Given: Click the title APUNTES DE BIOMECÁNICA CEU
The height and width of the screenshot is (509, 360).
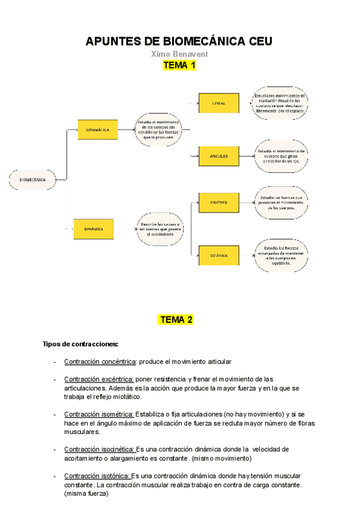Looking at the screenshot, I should point(179,41).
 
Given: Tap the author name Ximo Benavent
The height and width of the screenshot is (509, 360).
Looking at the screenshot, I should point(179,54).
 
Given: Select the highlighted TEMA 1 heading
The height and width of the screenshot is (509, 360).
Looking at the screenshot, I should point(179,65).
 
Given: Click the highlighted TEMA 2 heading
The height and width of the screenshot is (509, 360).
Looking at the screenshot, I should point(175,320).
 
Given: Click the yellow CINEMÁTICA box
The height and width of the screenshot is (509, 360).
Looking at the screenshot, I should point(97,130).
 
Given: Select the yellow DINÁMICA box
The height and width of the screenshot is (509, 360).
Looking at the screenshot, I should point(94,229).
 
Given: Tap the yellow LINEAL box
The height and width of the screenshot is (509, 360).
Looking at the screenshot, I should point(218,103).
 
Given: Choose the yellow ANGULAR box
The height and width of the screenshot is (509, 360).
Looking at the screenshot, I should point(218,156).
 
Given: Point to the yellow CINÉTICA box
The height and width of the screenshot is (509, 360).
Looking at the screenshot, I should point(218,203).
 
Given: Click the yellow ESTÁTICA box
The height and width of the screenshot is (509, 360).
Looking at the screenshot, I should point(218,256).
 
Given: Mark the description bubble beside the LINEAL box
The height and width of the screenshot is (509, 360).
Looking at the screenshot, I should point(280,103).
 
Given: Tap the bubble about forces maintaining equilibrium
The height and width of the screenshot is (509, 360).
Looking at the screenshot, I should point(281,255).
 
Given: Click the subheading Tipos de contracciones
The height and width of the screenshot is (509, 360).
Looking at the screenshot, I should point(80,344).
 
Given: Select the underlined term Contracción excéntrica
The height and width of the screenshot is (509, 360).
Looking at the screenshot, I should point(99,379).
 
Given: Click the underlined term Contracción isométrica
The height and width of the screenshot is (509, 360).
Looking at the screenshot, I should point(99,414).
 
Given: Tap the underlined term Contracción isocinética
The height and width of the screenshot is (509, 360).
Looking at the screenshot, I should point(100,449).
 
